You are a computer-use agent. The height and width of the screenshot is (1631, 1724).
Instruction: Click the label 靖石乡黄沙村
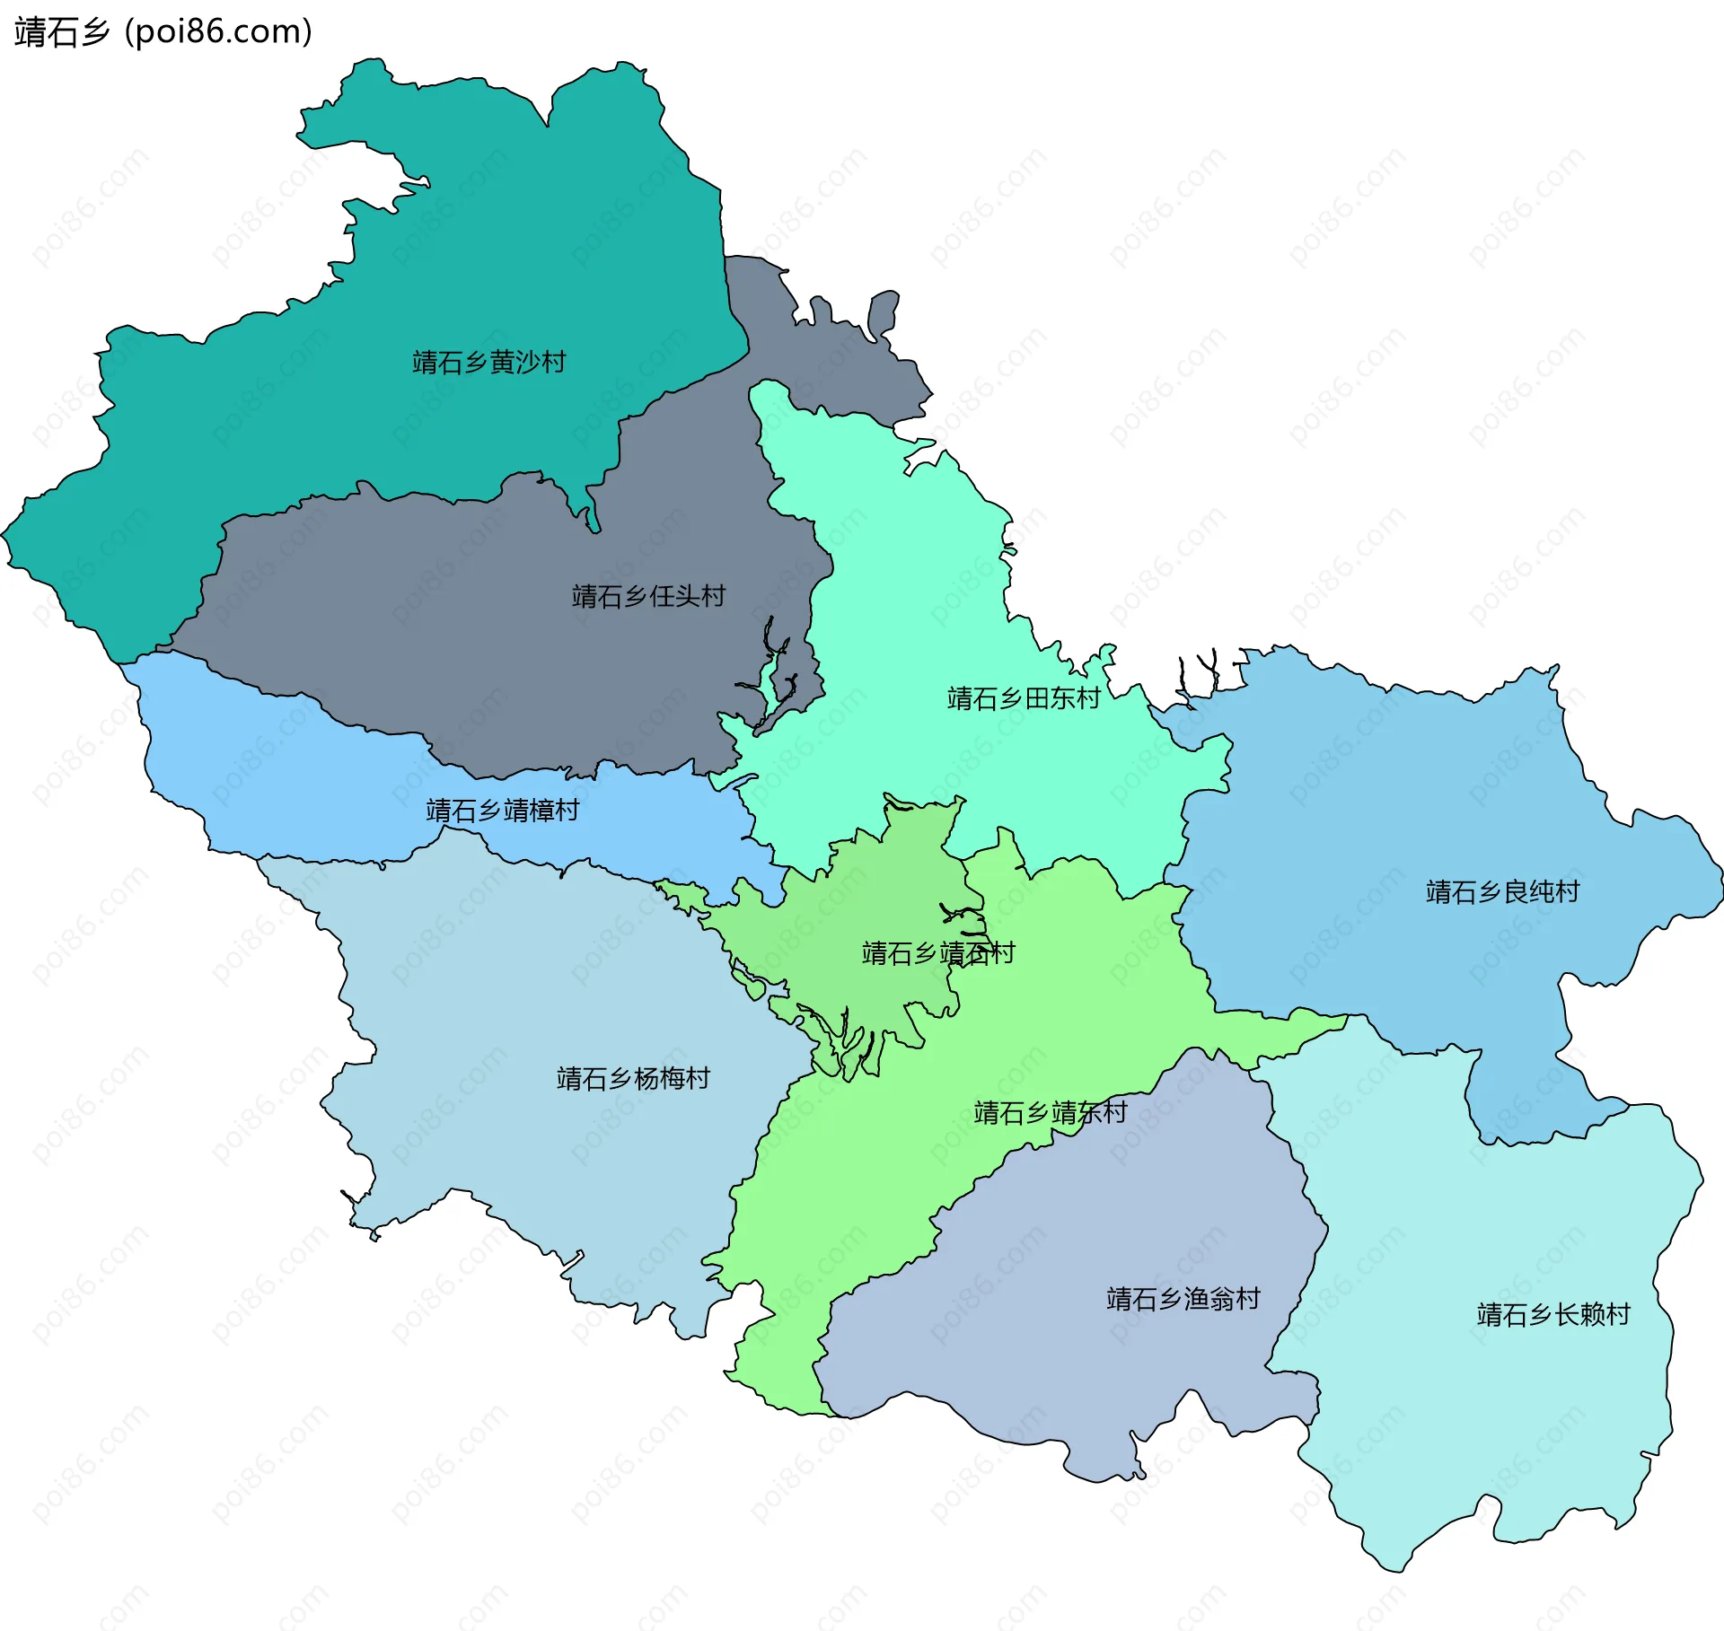[x=488, y=362]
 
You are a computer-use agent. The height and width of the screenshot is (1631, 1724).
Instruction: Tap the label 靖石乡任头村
[x=648, y=596]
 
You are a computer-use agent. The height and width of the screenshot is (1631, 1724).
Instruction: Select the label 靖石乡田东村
[x=1024, y=698]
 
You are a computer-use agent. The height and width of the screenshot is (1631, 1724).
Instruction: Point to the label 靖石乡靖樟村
[x=502, y=811]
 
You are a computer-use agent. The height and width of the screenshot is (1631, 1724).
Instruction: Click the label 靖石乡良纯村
[x=1502, y=891]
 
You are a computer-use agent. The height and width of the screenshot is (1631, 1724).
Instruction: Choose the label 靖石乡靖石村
[x=937, y=952]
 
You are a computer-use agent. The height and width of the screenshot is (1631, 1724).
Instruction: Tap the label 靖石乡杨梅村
[x=633, y=1078]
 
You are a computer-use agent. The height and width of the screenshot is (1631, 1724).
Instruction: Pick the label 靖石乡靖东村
[x=1050, y=1113]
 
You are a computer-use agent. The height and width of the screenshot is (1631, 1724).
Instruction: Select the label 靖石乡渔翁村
[x=1183, y=1299]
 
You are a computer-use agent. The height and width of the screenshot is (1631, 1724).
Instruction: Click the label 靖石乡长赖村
[x=1553, y=1314]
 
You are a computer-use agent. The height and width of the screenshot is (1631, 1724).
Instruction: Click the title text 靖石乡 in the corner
[x=61, y=32]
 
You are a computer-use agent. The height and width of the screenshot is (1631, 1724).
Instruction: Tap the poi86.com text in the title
[x=218, y=32]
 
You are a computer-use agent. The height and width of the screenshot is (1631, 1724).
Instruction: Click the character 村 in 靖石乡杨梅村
[x=699, y=1078]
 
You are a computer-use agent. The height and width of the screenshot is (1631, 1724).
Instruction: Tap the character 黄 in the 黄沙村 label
[x=502, y=362]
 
